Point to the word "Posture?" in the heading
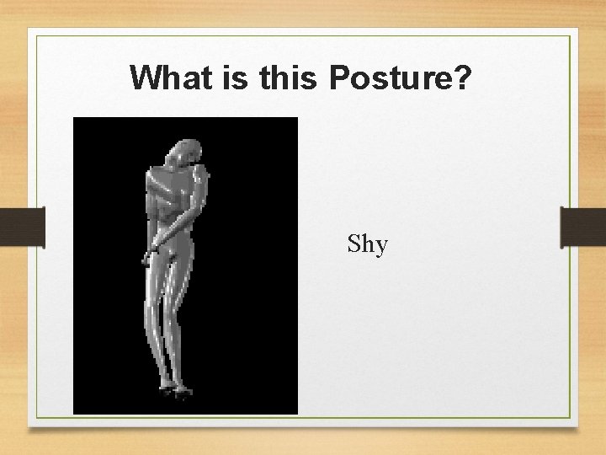click(x=400, y=78)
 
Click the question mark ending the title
click(x=464, y=78)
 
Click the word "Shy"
click(x=368, y=245)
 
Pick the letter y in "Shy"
click(x=381, y=248)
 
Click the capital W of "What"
click(x=146, y=78)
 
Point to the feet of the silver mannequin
click(x=177, y=389)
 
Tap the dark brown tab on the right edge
click(x=582, y=227)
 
